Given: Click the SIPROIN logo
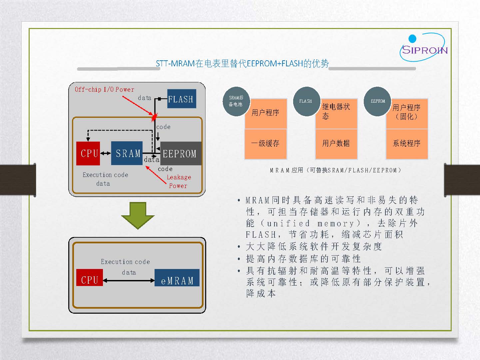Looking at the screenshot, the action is pos(424,47).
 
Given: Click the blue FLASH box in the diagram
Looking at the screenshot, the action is pos(182,99).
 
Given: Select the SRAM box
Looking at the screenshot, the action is pos(127,153).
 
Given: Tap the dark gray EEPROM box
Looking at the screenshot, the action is pos(181,153).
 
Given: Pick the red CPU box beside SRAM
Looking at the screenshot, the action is pos(88,153).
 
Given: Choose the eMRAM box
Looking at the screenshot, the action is pos(177,278).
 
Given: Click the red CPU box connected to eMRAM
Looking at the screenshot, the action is pos(90,277).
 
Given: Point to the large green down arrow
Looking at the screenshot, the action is pos(138,216).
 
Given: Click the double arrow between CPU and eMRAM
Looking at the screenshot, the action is pos(129,281).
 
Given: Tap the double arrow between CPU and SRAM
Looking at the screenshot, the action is pos(106,153).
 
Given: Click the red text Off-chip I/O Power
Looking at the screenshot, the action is pos(104,89).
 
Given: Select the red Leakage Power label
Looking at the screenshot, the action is pos(179,181).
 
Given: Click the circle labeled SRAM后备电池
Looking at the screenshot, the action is pos(236,101).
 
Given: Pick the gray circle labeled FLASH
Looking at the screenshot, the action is pos(306,101).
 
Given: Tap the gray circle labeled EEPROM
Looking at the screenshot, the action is pos(377,101).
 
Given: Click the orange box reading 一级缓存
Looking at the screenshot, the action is pos(265,144).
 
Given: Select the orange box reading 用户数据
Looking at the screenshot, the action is pos(336,144).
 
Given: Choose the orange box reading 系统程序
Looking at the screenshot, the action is pos(407,144).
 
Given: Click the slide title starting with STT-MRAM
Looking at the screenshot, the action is pos(242,64).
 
